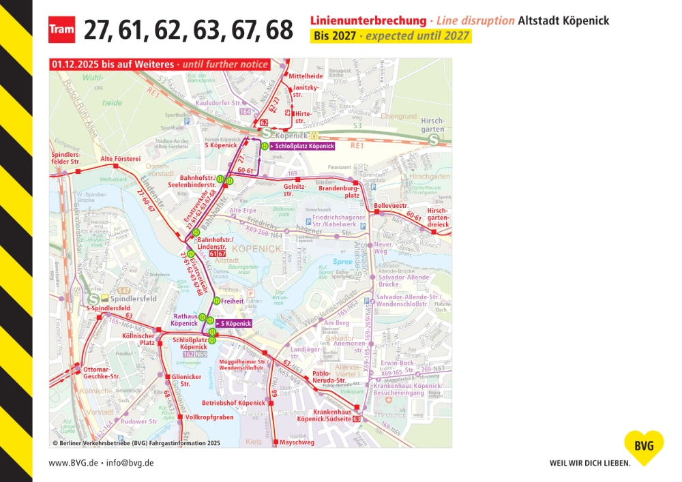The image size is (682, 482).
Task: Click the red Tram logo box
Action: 61,30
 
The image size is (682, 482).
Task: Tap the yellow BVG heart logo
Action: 643,447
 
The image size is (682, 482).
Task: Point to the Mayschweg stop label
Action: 297,442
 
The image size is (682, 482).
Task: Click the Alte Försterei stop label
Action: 120,159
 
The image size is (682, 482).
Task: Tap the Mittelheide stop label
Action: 306,76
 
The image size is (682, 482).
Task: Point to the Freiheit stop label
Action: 233,300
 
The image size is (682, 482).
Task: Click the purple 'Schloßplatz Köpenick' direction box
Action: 303,146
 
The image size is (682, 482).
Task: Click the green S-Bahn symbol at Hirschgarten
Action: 434,139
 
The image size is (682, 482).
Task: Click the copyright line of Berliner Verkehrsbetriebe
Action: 136,442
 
